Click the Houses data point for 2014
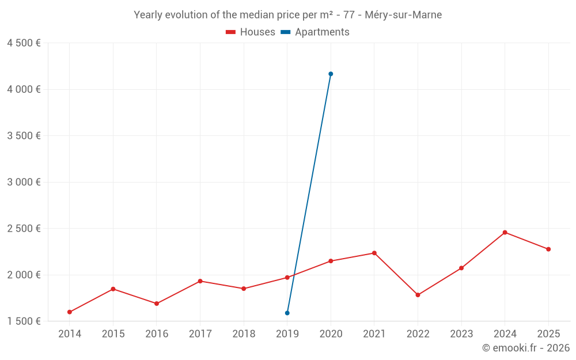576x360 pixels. click(70, 312)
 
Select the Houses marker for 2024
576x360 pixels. click(505, 232)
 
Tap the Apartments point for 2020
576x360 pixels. click(331, 74)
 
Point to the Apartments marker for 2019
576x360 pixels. click(287, 313)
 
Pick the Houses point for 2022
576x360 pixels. click(418, 295)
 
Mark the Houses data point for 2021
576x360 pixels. click(374, 253)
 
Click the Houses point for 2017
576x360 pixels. click(200, 281)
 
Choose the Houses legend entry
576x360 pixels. click(251, 32)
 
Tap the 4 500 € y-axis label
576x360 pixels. click(24, 43)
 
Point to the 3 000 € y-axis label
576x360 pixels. click(24, 182)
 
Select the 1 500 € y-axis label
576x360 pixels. click(24, 321)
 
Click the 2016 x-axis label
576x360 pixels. click(157, 334)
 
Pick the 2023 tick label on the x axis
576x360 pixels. click(461, 334)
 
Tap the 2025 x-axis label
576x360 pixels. click(548, 334)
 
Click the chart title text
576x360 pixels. click(288, 15)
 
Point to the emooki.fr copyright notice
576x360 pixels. click(526, 348)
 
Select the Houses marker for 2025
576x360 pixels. click(548, 249)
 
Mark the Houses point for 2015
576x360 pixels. click(113, 289)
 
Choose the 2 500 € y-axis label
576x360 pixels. click(24, 228)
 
